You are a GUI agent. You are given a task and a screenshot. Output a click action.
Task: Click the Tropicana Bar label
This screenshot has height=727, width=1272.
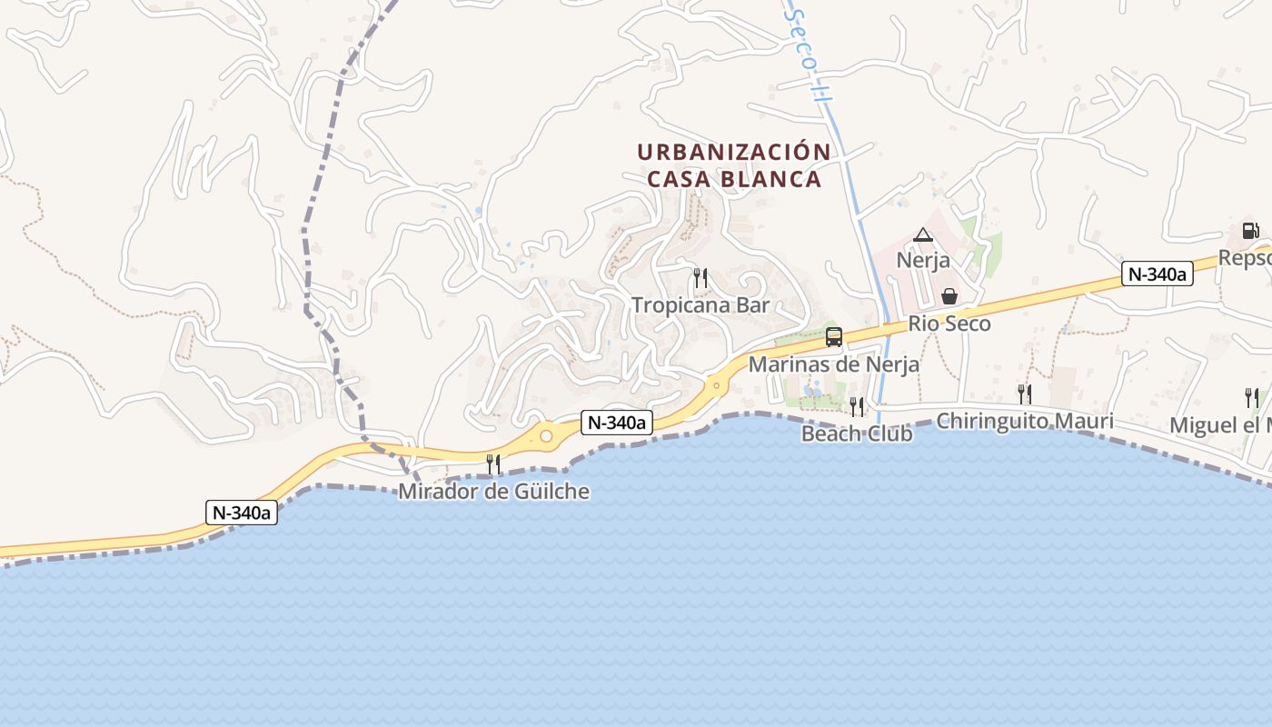(x=701, y=305)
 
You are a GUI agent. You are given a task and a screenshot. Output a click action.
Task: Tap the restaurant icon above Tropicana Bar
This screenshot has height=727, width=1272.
(x=701, y=278)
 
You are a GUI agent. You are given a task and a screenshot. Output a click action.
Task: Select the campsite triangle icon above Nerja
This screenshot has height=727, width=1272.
(x=923, y=235)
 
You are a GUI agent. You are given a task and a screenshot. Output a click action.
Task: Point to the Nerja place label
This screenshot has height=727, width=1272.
(x=923, y=260)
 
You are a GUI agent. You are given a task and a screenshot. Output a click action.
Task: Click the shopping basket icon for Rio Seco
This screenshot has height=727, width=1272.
(x=949, y=296)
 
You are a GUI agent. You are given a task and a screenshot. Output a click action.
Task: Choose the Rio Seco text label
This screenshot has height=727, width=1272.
(x=949, y=324)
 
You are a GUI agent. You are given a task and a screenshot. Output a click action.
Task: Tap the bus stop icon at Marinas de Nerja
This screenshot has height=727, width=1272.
(x=833, y=337)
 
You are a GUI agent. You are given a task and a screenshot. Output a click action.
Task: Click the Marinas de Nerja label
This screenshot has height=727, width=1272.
(x=833, y=364)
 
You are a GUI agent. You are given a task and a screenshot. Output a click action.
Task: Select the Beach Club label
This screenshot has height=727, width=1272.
(x=856, y=433)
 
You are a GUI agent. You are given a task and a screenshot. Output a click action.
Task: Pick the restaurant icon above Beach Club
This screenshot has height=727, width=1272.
(x=856, y=406)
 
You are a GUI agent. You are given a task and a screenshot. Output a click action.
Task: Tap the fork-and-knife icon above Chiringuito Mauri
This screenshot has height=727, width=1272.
(x=1024, y=393)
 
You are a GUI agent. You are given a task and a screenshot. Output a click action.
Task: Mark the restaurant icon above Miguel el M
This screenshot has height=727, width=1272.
(x=1251, y=397)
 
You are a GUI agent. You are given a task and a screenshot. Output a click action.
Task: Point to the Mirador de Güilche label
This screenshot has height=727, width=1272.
(x=493, y=492)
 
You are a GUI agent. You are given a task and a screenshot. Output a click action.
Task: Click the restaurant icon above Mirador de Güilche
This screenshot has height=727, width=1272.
(x=493, y=464)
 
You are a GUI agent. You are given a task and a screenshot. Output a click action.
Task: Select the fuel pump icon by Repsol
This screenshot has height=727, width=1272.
(x=1251, y=231)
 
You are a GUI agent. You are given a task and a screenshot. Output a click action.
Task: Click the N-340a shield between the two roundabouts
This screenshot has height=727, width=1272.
(x=618, y=422)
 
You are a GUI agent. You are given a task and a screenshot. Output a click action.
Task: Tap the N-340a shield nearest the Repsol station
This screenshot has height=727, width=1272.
(x=1157, y=274)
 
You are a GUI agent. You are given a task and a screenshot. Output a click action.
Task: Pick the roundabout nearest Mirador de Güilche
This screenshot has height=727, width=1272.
(x=545, y=436)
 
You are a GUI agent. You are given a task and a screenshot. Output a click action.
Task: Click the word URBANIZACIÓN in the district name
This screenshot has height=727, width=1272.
(x=733, y=152)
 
